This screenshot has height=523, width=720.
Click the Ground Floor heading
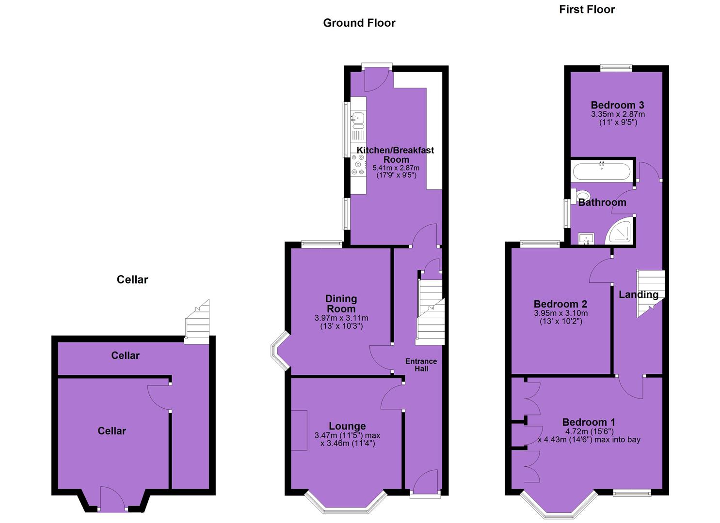(359, 23)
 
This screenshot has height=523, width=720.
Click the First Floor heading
(587, 10)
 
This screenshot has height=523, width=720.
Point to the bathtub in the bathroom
(602, 171)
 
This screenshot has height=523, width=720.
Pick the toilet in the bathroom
(580, 196)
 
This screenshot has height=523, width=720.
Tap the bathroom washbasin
(586, 239)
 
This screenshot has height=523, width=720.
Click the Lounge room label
(347, 426)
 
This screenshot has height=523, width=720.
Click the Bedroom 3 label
(618, 105)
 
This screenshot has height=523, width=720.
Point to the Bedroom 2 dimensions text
(561, 317)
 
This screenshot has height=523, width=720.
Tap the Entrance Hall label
(421, 365)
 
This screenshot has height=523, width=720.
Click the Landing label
(639, 294)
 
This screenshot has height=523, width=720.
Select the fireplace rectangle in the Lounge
(299, 430)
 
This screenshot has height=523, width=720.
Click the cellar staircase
(197, 322)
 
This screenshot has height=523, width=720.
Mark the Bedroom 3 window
(616, 68)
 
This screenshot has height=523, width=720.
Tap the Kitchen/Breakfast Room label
(396, 155)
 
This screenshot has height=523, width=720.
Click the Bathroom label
(602, 202)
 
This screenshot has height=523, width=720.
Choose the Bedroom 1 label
(589, 422)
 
